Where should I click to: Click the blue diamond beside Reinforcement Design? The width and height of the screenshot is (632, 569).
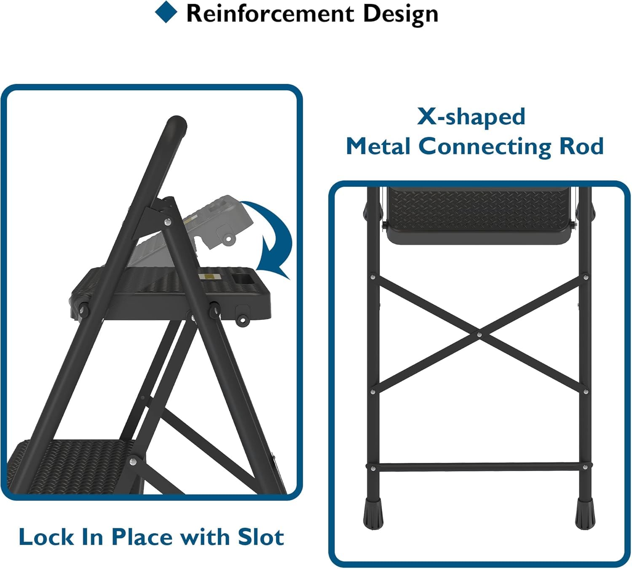(166, 12)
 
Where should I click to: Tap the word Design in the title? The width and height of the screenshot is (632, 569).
(400, 13)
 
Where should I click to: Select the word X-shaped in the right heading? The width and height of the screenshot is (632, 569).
(471, 116)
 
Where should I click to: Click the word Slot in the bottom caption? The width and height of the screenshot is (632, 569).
(261, 537)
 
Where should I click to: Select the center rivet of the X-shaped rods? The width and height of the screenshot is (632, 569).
(479, 335)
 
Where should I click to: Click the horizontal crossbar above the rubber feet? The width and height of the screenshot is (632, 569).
(479, 467)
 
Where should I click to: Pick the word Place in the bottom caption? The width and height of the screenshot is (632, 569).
(142, 537)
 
